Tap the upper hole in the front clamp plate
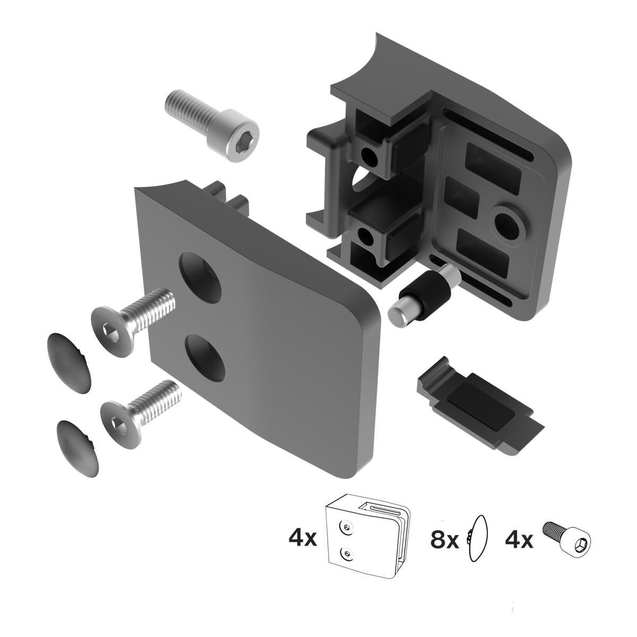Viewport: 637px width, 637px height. pos(201,272)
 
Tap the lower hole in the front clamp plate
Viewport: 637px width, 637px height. pos(206,357)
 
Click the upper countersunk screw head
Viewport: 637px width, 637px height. pos(113,331)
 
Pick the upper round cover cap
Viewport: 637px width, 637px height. pos(70,363)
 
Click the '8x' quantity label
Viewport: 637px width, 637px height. pos(444,540)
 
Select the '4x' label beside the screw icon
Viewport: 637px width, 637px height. pos(519,540)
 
